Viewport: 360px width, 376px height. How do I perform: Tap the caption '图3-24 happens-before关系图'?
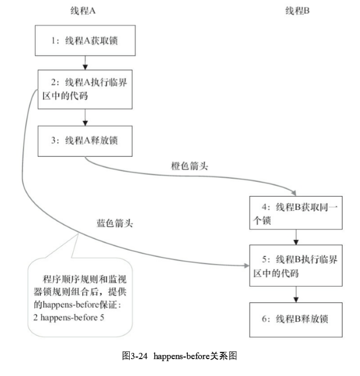click(x=179, y=357)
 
